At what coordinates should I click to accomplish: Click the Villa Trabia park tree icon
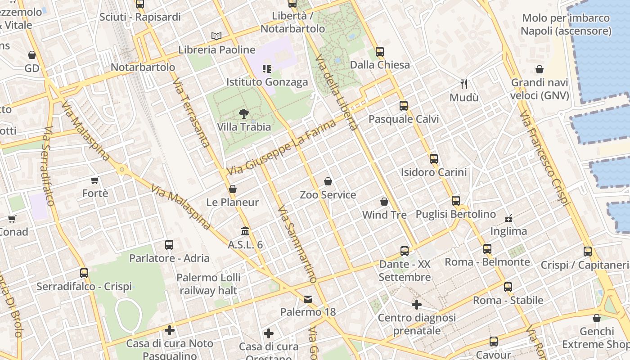[244, 113]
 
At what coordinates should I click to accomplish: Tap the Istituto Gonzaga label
[267, 82]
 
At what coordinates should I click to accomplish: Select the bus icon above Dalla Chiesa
[380, 51]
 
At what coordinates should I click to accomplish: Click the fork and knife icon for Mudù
[464, 84]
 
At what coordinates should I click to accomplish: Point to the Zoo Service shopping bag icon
[328, 181]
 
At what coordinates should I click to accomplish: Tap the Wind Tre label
[384, 215]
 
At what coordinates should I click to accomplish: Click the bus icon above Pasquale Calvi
[404, 106]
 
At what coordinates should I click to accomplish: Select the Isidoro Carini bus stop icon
[434, 158]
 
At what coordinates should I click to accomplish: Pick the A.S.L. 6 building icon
[245, 231]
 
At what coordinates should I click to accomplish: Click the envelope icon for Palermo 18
[308, 299]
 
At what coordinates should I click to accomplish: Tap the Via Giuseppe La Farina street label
[282, 147]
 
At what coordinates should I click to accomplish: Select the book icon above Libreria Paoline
[216, 36]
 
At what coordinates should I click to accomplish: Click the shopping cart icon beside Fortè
[95, 180]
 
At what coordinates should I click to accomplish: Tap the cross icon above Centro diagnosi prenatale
[417, 305]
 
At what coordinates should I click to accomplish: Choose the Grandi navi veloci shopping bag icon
[540, 69]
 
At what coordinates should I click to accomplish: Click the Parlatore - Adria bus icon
[169, 245]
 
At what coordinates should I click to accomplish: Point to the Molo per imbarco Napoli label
[566, 24]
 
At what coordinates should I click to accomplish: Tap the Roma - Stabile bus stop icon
[508, 287]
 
